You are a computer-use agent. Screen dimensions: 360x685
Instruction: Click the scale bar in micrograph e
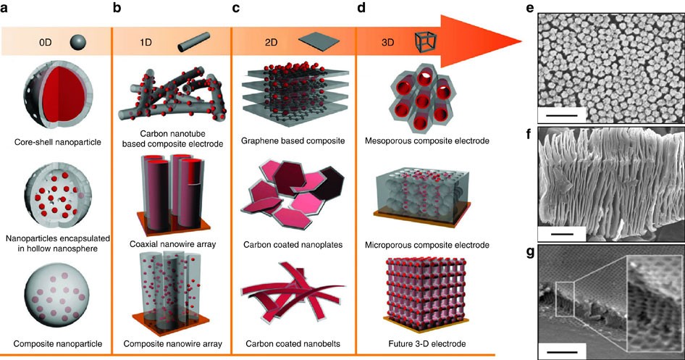558,114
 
